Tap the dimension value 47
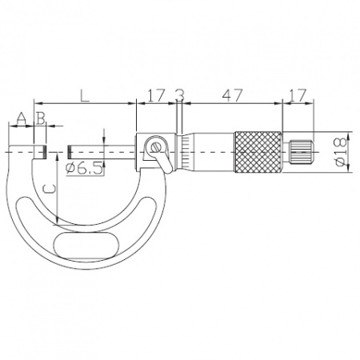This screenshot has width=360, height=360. pos(233,95)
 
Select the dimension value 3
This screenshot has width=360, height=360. pos(180,95)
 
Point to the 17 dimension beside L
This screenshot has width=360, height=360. pos(156,95)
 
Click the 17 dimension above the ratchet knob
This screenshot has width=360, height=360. pos(298,95)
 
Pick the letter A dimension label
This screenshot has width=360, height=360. pos(22,118)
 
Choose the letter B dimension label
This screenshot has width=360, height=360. pos(41,118)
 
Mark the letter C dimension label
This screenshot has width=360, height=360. pos(50,189)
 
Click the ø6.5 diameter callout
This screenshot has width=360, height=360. pos(85,168)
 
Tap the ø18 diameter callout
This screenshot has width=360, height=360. pos(342,152)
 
